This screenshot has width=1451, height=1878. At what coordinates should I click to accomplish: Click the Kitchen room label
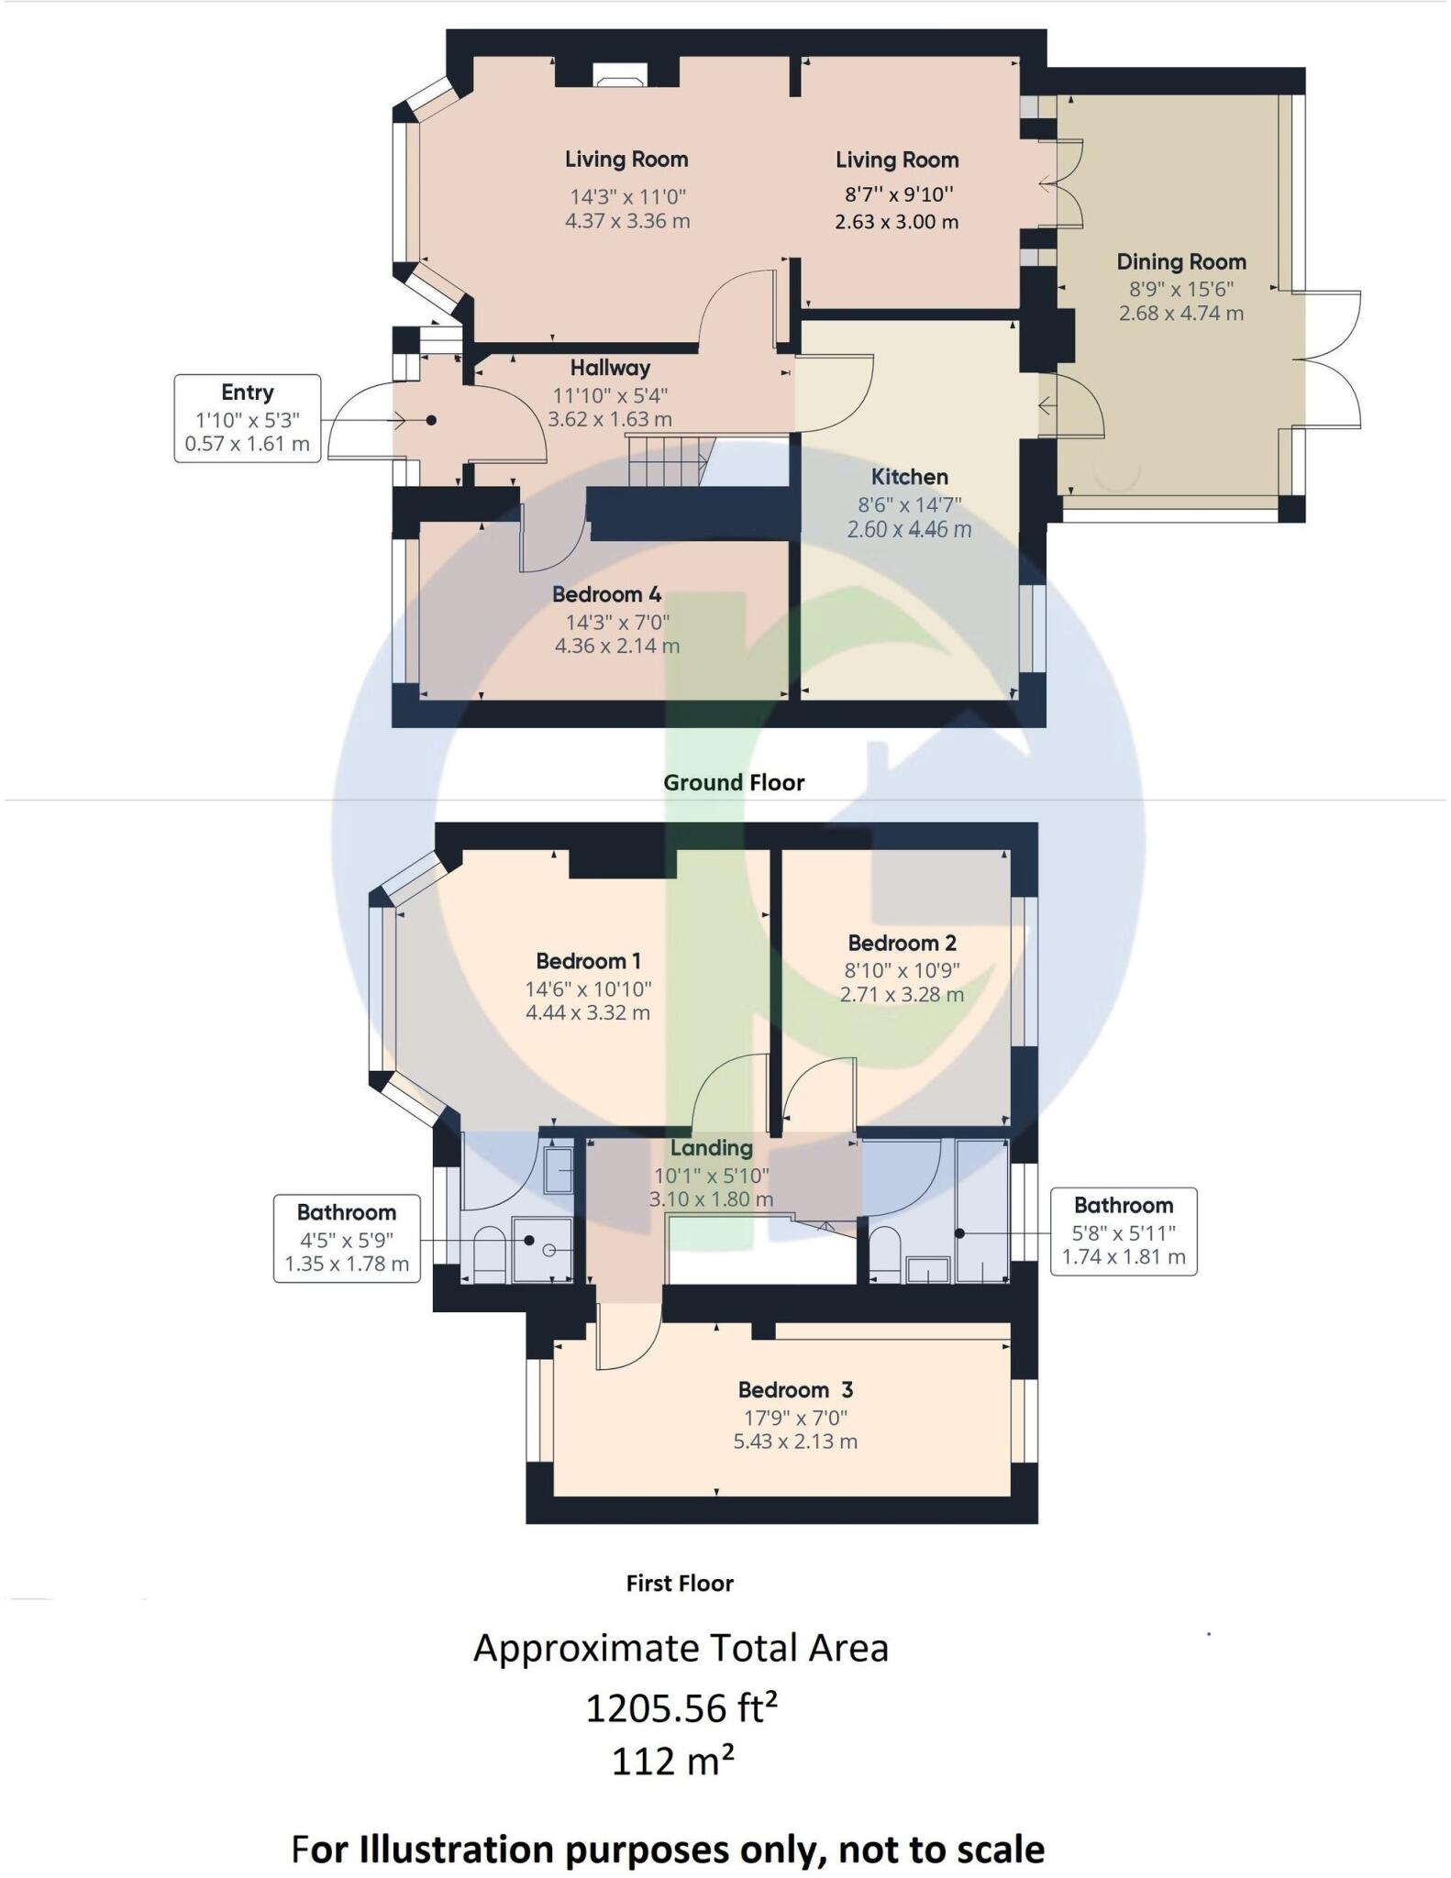909,477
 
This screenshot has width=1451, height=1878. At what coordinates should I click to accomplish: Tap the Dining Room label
1180,261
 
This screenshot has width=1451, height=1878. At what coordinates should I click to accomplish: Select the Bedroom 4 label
606,594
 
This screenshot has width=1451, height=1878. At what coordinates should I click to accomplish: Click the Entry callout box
247,418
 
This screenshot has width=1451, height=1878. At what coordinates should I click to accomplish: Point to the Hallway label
610,368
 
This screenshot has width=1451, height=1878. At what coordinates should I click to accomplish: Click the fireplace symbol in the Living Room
617,76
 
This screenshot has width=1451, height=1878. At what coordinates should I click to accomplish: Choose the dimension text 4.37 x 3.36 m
627,221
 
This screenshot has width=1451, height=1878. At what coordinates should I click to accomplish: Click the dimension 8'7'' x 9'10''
897,193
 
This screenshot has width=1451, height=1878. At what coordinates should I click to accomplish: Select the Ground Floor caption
734,782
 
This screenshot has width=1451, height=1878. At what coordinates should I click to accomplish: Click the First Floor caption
680,1583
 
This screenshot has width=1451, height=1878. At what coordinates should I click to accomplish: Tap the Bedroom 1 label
588,961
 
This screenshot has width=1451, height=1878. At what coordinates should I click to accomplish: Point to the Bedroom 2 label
902,943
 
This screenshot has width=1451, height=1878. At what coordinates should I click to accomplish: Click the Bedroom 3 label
795,1389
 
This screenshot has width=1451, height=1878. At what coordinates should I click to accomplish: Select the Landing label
711,1148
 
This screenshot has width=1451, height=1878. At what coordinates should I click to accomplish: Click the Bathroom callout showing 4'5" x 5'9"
347,1238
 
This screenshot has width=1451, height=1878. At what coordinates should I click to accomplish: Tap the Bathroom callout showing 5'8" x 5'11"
1124,1231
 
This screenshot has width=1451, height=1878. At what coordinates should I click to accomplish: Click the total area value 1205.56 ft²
681,1707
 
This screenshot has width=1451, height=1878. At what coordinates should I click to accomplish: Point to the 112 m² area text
672,1761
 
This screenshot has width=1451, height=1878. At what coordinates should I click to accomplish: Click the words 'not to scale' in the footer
940,1850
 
